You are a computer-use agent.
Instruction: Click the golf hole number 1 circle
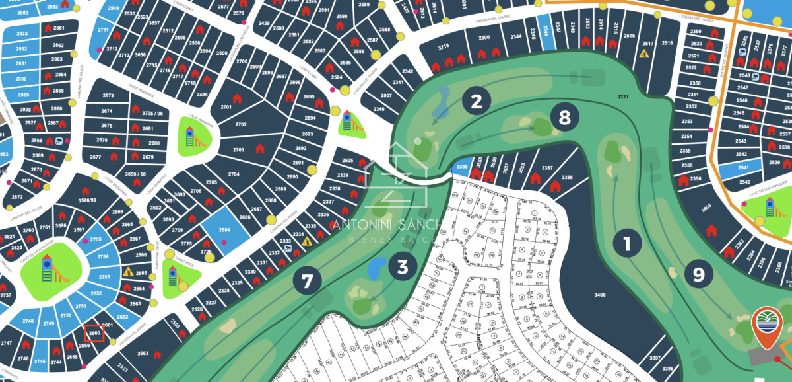[627, 244]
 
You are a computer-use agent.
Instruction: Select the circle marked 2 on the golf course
[477, 101]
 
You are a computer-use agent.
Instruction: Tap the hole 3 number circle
[402, 266]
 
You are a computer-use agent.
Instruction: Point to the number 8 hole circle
[564, 118]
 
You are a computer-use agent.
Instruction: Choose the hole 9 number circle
[699, 273]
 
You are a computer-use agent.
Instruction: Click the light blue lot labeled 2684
[224, 230]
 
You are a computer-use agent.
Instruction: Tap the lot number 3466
[599, 295]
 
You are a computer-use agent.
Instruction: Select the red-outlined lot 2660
[94, 334]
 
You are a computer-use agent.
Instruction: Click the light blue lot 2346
[544, 30]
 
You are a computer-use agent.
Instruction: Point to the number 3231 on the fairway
[622, 97]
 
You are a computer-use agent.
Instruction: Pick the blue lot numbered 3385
[462, 167]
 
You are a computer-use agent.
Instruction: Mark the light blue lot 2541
[744, 168]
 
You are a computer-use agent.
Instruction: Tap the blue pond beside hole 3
[376, 267]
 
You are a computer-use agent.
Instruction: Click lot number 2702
[240, 124]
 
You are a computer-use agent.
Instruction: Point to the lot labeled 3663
[143, 354]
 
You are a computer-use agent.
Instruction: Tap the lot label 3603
[706, 207]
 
